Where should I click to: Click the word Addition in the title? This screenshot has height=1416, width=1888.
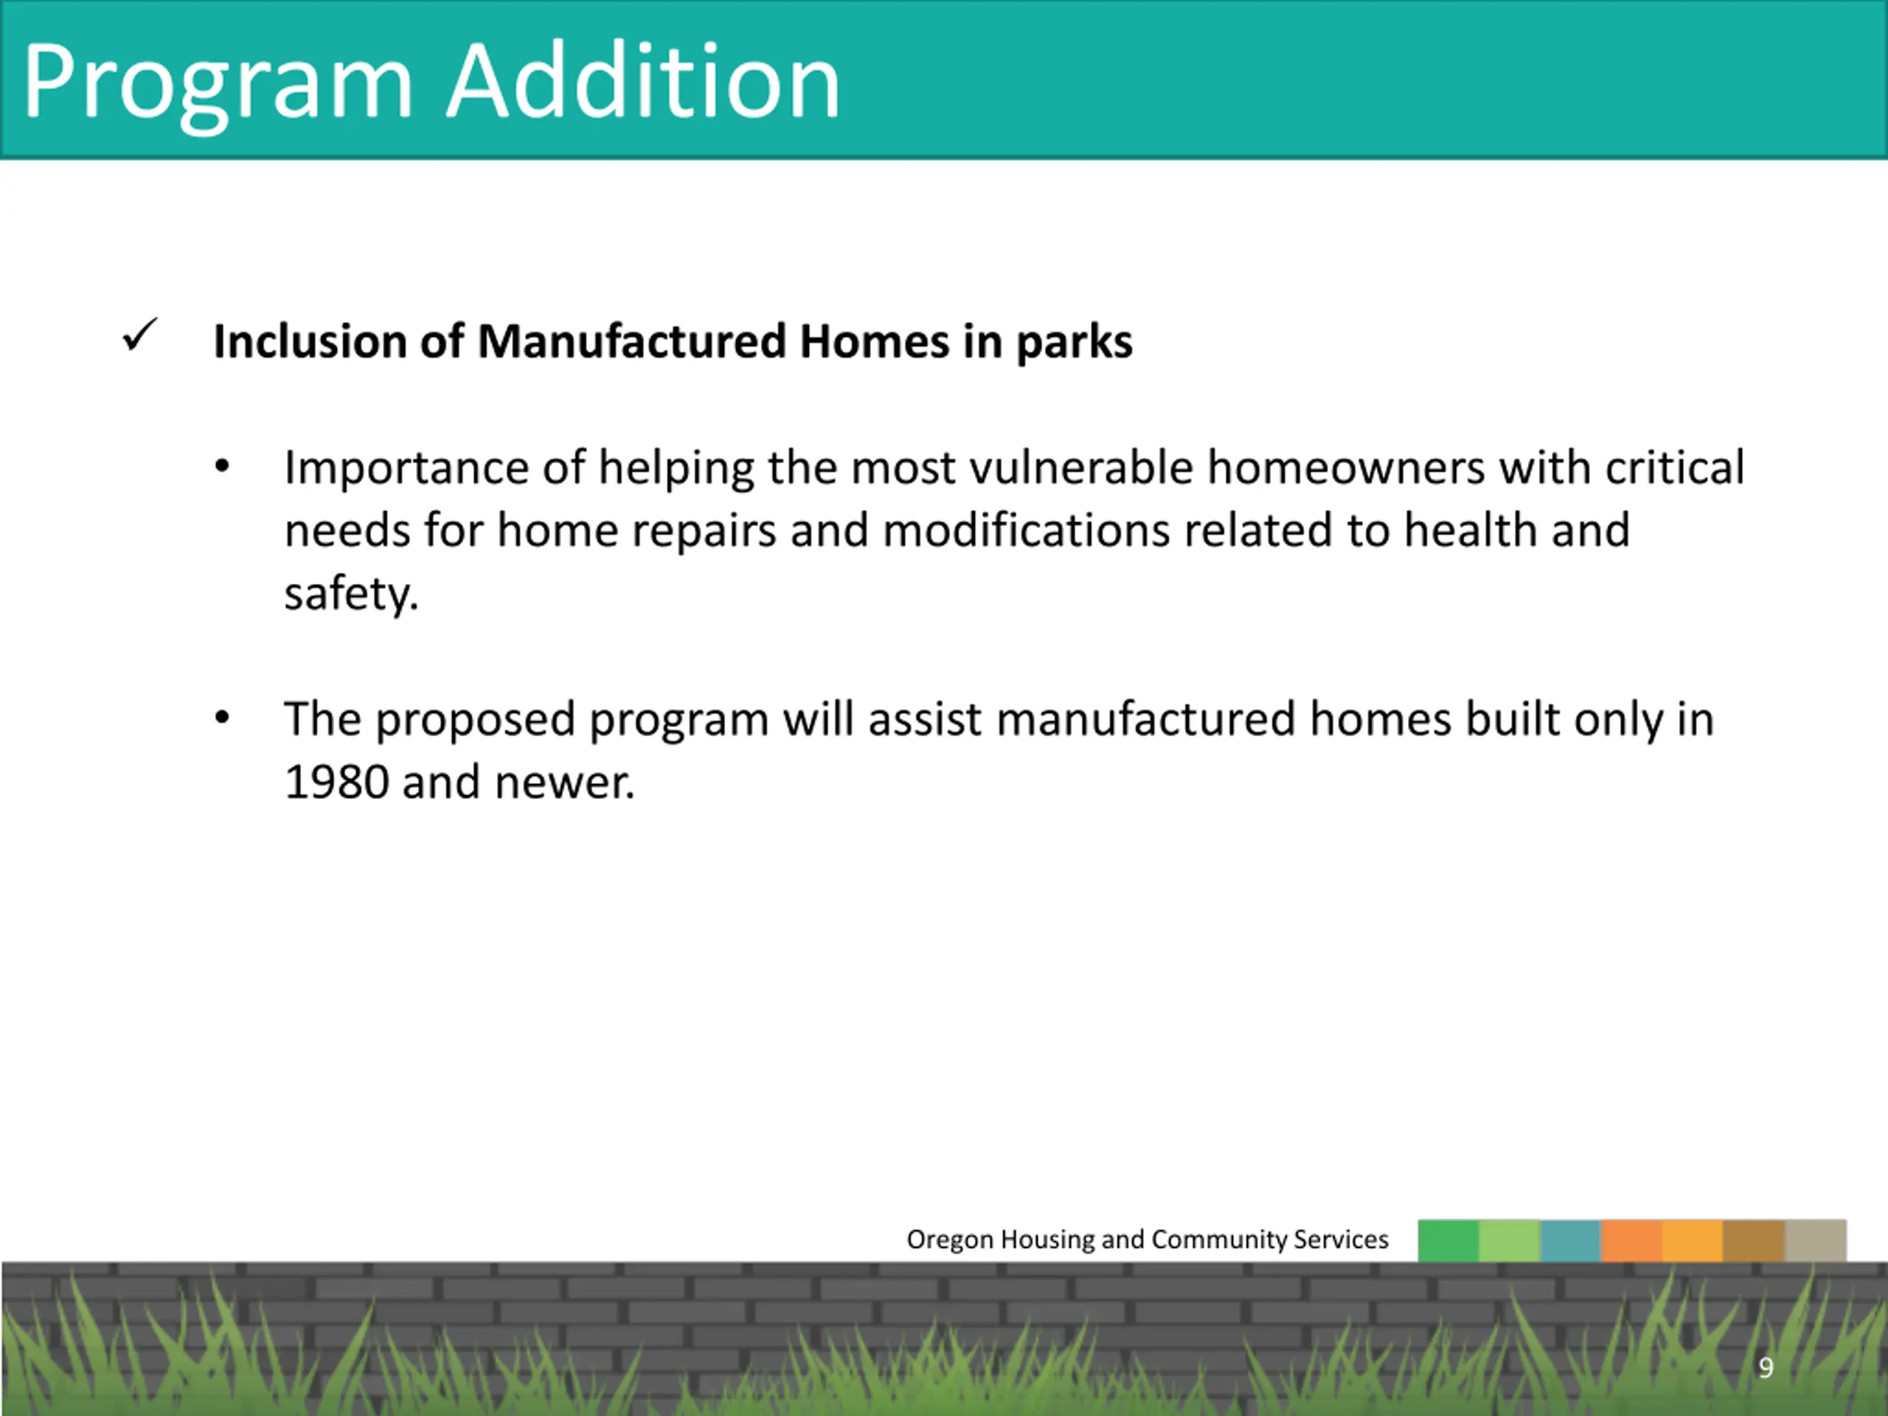tap(644, 80)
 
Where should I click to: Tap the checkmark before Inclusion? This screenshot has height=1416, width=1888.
tap(140, 335)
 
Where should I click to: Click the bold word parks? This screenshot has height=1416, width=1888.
tap(1074, 343)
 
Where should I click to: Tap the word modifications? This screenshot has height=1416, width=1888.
tap(1026, 530)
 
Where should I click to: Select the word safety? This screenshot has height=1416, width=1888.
tap(352, 594)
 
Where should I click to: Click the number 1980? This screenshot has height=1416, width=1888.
tap(336, 782)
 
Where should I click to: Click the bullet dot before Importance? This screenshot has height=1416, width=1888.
tap(222, 467)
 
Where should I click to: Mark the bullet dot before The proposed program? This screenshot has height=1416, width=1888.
tap(222, 718)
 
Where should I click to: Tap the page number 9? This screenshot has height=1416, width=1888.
tap(1766, 1368)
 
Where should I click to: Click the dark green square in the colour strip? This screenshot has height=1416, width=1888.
tap(1448, 1240)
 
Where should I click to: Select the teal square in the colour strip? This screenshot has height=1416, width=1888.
tap(1570, 1240)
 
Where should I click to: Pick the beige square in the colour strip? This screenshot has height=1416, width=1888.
tap(1816, 1240)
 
